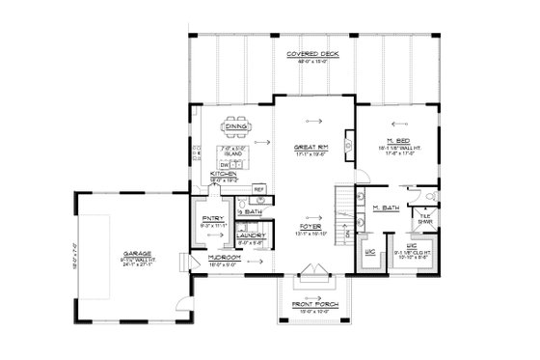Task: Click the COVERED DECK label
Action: click(315, 55)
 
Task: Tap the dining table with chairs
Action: click(235, 125)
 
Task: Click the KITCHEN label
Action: click(224, 174)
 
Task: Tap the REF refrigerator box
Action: click(258, 189)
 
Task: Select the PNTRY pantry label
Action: click(212, 219)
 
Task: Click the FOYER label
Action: click(308, 226)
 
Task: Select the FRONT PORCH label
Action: click(313, 304)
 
